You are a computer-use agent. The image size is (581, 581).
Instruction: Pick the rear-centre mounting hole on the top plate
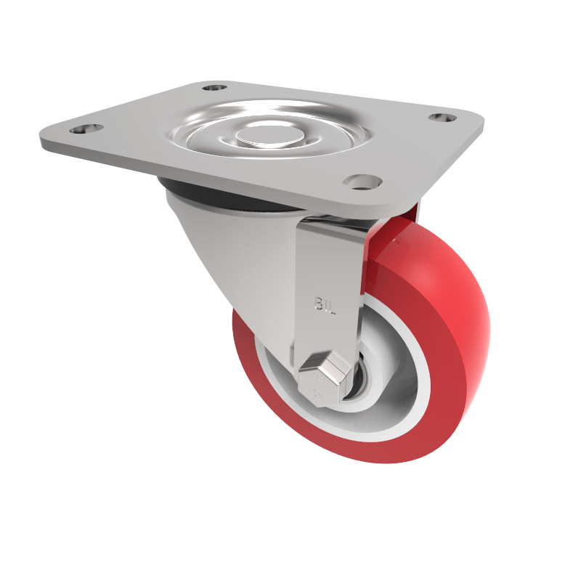click(214, 87)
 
